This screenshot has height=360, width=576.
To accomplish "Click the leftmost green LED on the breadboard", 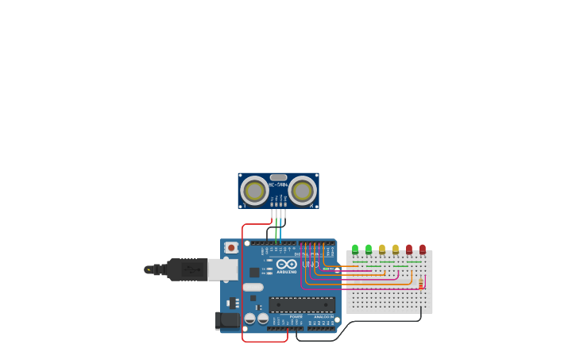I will coord(355,249).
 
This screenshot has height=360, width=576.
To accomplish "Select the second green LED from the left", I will coord(369,249).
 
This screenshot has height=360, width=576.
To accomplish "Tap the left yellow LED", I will coord(382,249).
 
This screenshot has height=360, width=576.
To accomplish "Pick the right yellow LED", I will coord(396,249).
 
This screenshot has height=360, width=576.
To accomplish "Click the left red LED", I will coord(409,249).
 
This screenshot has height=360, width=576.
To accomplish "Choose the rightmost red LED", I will coord(423,249).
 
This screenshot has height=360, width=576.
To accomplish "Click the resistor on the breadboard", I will coord(420,283).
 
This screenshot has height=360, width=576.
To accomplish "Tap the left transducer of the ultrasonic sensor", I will coord(254,191).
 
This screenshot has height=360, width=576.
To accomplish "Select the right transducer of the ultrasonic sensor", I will coord(302,191).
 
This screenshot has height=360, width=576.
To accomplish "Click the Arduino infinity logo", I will coord(287,264).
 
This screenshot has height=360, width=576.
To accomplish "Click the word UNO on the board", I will coord(311,265).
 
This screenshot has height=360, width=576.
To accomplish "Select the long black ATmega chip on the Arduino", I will coord(301,304).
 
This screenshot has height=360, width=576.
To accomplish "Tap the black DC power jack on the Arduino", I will coord(227,320).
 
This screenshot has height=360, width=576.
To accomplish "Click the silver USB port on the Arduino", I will coord(222,269).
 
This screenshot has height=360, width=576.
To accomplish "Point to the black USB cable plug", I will coord(187,269).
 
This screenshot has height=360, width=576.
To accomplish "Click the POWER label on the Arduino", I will coord(296,316).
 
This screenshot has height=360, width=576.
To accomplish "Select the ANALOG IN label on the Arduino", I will coord(323,316).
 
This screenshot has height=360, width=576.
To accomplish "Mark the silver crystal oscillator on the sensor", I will coord(278,177).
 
